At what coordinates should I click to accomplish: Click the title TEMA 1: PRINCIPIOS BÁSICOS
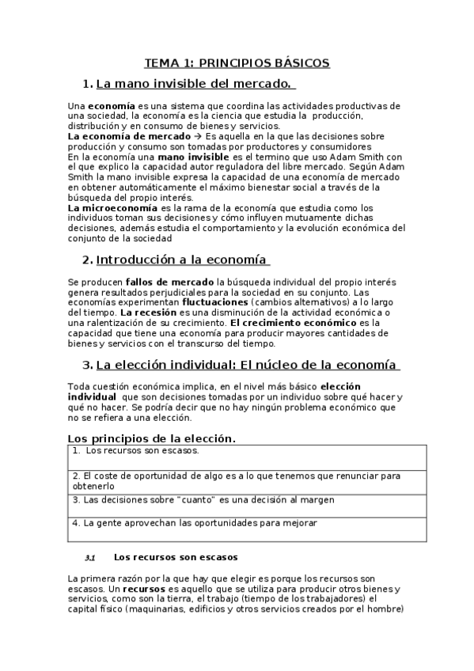pyautogui.click(x=237, y=63)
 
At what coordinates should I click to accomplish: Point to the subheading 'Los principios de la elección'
pyautogui.click(x=151, y=438)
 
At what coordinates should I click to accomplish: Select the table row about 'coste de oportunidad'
pyautogui.click(x=236, y=481)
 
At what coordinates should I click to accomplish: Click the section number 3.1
pyautogui.click(x=89, y=558)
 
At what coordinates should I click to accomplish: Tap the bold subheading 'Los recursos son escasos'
pyautogui.click(x=176, y=557)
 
